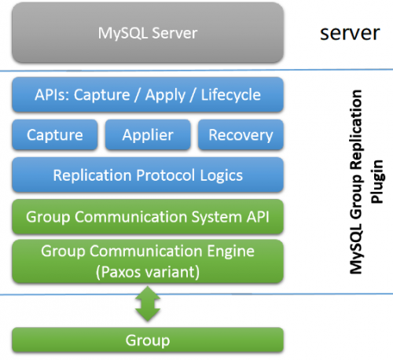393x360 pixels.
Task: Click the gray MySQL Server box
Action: [148, 33]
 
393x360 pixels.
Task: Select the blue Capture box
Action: [55, 134]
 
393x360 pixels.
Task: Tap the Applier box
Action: [148, 134]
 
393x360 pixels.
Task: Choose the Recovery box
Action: [241, 134]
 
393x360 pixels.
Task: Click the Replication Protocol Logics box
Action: [148, 174]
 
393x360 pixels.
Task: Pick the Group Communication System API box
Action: [148, 217]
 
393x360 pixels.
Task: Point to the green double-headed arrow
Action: [148, 304]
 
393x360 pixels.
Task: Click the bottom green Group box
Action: [148, 340]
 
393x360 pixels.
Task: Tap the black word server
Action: [350, 33]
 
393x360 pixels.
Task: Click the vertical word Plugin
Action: [377, 182]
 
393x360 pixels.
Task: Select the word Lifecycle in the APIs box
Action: [231, 95]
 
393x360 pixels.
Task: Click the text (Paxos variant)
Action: [148, 272]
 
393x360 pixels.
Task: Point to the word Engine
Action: [231, 252]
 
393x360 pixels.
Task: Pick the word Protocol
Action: [166, 175]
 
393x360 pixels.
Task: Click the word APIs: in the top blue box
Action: [52, 94]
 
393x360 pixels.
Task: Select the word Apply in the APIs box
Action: [166, 95]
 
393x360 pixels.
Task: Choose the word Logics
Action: [222, 175]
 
